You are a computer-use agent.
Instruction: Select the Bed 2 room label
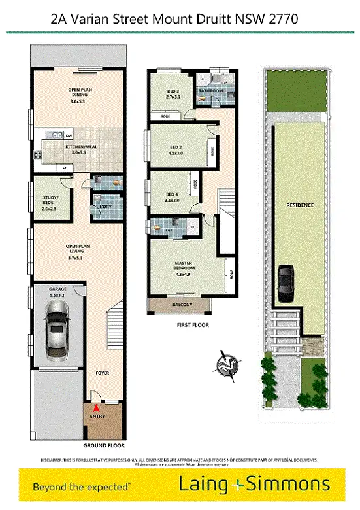pos(174,150)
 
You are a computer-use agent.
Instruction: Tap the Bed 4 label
pos(171,197)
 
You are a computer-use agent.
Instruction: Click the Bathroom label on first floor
pos(211,90)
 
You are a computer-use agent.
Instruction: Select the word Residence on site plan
pos(300,205)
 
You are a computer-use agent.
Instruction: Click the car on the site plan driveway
pos(287,280)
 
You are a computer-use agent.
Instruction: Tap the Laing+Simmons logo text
pos(254,484)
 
